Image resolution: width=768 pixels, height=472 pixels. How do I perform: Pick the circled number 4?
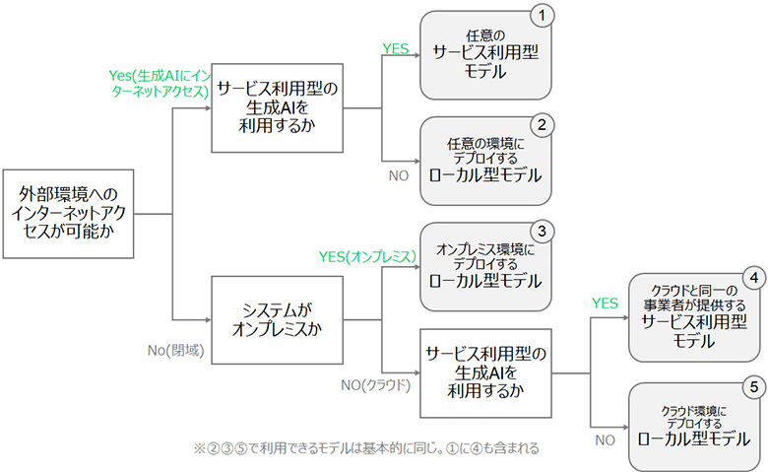click(x=752, y=279)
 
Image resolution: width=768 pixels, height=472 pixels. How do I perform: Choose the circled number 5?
click(x=752, y=387)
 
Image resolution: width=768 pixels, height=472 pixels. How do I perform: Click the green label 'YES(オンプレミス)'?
click(x=365, y=256)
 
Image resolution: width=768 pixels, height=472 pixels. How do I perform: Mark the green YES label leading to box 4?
click(x=605, y=303)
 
